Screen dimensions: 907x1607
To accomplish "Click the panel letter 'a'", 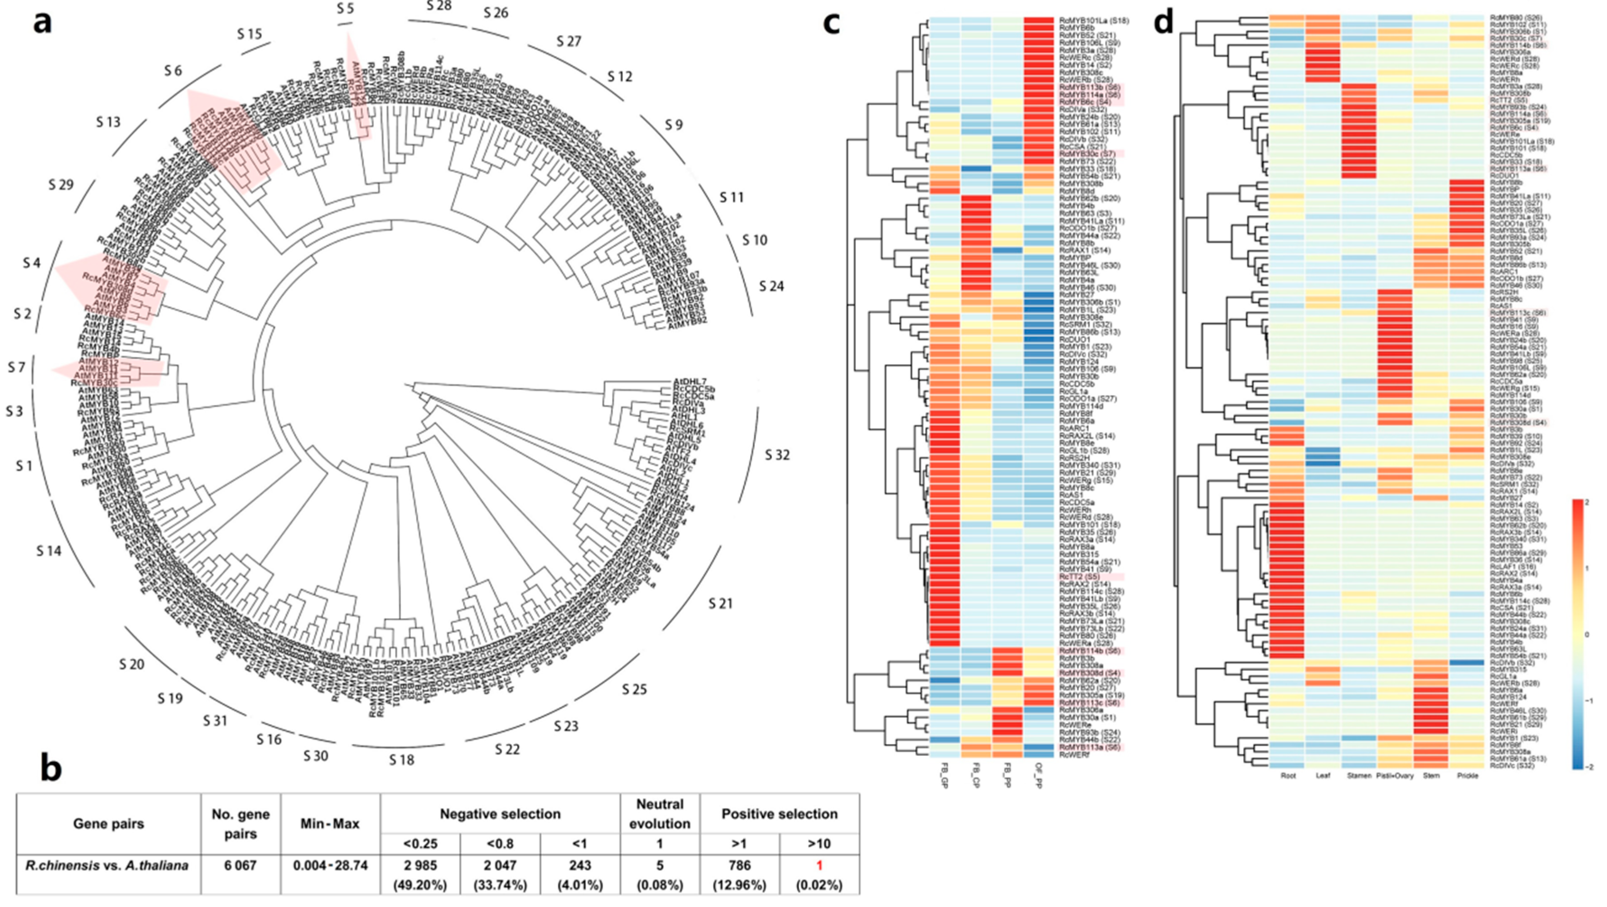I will (42, 24).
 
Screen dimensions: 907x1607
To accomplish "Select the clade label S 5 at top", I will (345, 8).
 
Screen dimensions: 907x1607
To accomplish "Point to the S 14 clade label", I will (49, 551).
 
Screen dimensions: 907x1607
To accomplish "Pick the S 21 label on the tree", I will (720, 603).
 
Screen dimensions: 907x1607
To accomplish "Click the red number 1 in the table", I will (819, 865).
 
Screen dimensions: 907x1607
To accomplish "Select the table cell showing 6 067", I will (240, 865).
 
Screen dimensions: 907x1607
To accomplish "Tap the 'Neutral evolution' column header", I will (660, 814).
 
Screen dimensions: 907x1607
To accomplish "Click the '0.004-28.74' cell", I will (330, 865).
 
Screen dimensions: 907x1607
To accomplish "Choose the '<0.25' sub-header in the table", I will (420, 843).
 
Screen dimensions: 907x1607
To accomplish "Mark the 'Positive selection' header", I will (779, 814).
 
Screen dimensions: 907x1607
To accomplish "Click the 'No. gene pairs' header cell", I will (240, 823).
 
